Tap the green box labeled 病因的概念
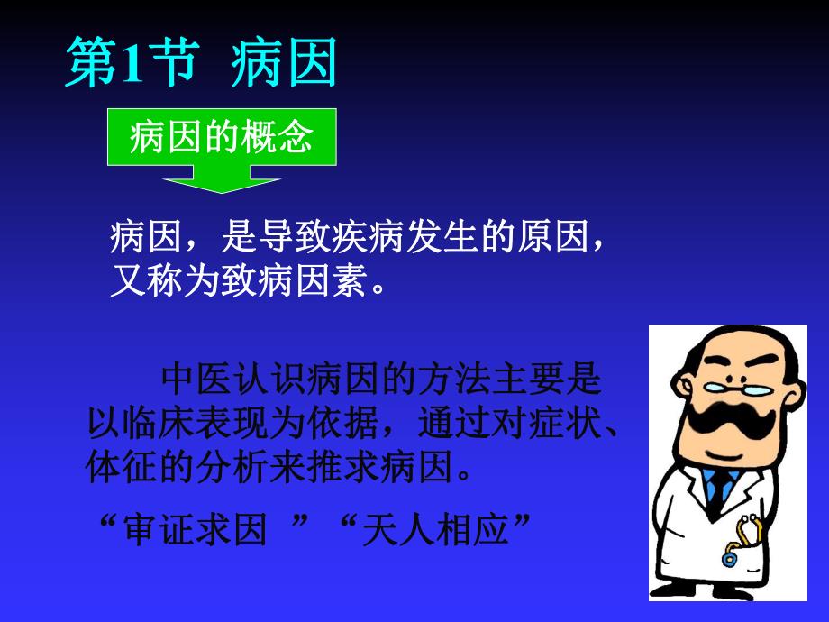222,139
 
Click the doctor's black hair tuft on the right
793,369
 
